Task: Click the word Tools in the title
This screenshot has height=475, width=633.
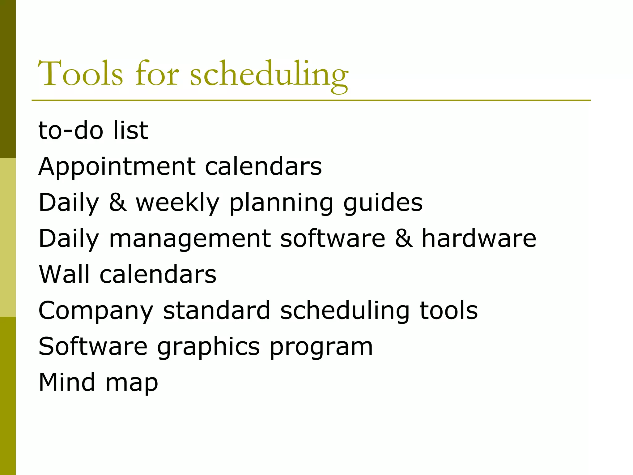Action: click(x=80, y=73)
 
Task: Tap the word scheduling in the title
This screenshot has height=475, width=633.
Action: click(x=269, y=74)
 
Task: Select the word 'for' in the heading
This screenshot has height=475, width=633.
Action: click(x=157, y=73)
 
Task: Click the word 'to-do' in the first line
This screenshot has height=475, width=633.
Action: click(x=70, y=130)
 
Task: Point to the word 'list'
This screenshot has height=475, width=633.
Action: click(x=130, y=130)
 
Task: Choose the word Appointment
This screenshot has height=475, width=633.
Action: click(x=117, y=167)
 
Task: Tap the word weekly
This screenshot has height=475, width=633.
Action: click(x=177, y=203)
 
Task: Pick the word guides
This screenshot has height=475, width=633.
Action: click(x=383, y=203)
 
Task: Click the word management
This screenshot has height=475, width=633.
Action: click(x=190, y=239)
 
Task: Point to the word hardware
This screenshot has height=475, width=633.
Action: click(x=479, y=238)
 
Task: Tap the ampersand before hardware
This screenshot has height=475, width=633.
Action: click(x=404, y=238)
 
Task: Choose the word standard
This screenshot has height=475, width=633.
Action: click(x=217, y=310)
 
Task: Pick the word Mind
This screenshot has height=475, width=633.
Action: click(x=67, y=382)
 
